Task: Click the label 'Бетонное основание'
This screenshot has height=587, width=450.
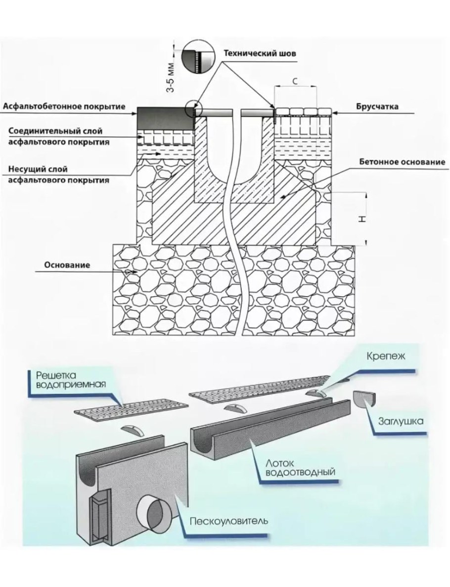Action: point(402,161)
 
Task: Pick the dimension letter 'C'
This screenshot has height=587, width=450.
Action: point(295,82)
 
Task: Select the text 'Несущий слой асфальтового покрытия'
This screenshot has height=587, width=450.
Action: point(58,175)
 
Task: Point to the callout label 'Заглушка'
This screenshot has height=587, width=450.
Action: point(399,422)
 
